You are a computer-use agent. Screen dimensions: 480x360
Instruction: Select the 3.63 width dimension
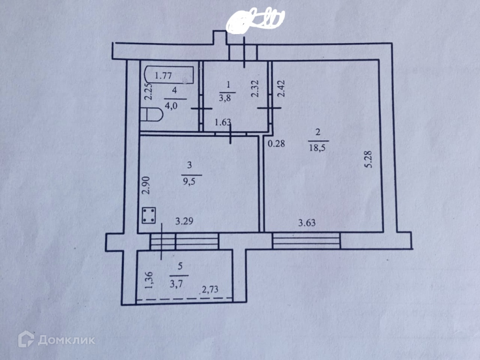[x=307, y=223]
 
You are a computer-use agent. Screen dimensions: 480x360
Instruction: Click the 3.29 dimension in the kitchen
[x=184, y=222]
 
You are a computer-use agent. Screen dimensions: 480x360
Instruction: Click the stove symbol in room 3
[x=150, y=216]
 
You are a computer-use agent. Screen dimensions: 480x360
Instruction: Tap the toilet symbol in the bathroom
[x=151, y=115]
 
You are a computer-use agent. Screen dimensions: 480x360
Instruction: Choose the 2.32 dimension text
[x=255, y=88]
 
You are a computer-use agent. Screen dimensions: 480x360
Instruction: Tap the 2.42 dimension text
[x=282, y=88]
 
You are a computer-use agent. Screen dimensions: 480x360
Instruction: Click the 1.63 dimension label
[x=222, y=123]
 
